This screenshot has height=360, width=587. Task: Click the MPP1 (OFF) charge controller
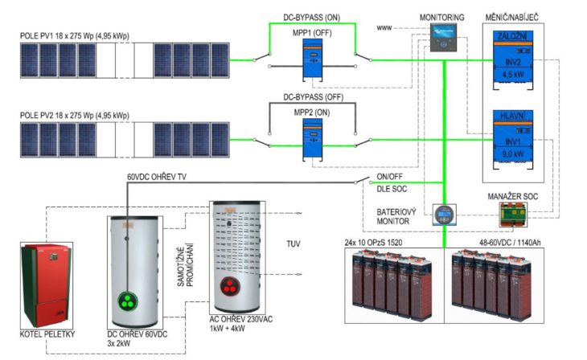(x=314, y=62)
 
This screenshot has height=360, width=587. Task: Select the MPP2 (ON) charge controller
(x=314, y=144)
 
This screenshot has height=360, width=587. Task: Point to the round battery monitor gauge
(x=444, y=215)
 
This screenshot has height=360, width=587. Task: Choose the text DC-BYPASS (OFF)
(x=313, y=97)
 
